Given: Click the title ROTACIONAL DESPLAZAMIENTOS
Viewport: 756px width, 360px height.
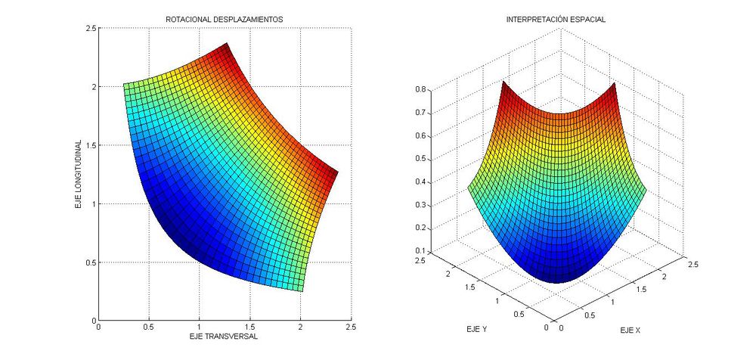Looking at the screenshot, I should pos(225,18).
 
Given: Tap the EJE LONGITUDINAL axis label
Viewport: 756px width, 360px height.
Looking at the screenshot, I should pos(78,174).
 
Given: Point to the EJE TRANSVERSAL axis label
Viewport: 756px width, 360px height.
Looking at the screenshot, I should pos(225,337).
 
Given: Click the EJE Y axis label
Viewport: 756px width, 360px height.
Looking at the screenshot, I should pos(477,331).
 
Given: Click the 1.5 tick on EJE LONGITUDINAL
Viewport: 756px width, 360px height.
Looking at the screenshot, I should pos(89,145).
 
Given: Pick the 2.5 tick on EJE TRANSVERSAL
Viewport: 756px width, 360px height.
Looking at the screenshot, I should pos(351,328).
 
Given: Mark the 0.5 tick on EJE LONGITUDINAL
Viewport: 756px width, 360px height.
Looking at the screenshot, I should pos(89,262).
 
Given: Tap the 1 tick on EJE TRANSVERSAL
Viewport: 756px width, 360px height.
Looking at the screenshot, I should pos(200,328).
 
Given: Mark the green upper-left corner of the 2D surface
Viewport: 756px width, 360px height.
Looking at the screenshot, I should pos(124,84).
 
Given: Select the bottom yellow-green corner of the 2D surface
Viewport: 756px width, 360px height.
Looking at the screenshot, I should pos(302,291).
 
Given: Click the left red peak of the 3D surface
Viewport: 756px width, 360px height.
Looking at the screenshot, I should pos(503,82).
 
